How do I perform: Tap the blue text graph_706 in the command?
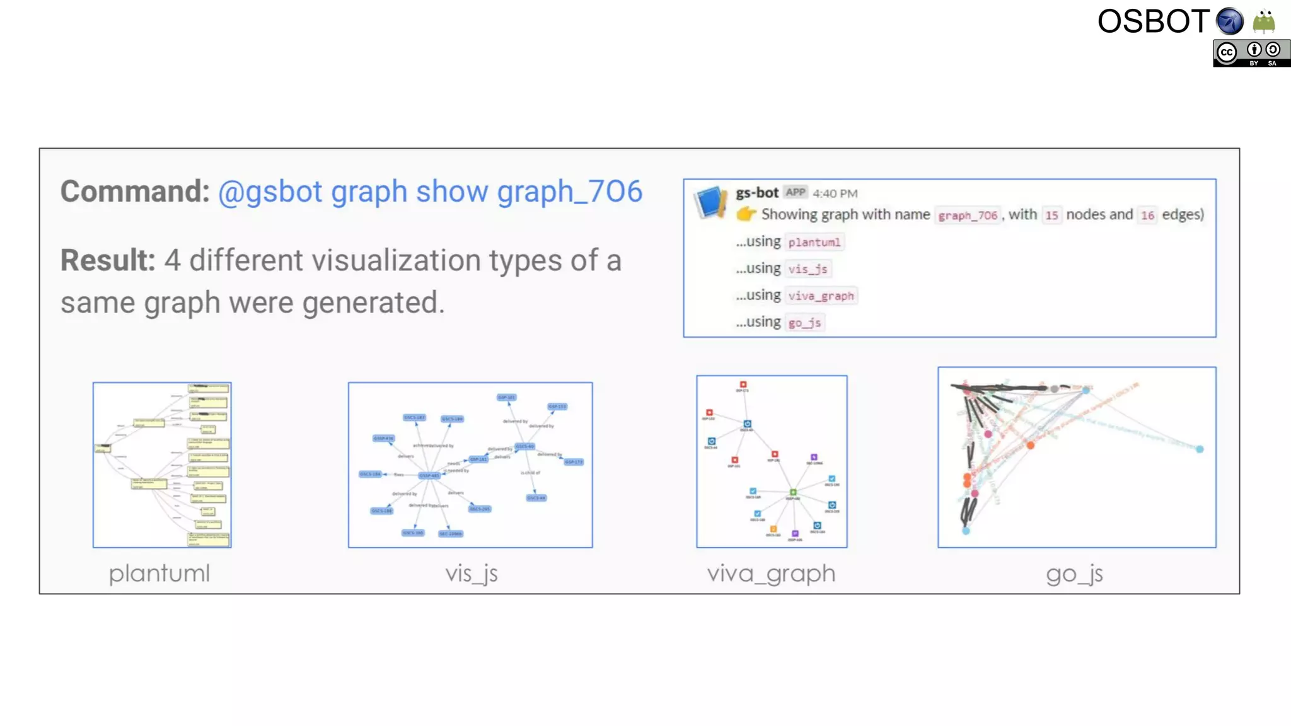(569, 192)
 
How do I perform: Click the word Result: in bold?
(108, 260)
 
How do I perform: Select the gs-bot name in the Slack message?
(756, 193)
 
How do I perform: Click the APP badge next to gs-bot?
(796, 192)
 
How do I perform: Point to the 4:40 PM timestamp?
(835, 193)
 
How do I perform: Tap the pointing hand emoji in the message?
(746, 214)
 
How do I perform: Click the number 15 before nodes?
(1051, 216)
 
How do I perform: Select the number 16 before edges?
(1147, 216)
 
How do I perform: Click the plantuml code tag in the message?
(814, 243)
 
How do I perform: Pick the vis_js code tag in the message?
(808, 269)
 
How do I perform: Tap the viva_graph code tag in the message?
(821, 296)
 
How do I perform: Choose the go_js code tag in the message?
(804, 323)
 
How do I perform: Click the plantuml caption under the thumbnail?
(159, 573)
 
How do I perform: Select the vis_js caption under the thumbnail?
(471, 573)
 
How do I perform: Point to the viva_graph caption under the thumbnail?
(771, 573)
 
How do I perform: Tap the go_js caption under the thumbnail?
(1074, 573)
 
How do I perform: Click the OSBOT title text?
(1152, 21)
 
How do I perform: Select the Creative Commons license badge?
(1251, 54)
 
